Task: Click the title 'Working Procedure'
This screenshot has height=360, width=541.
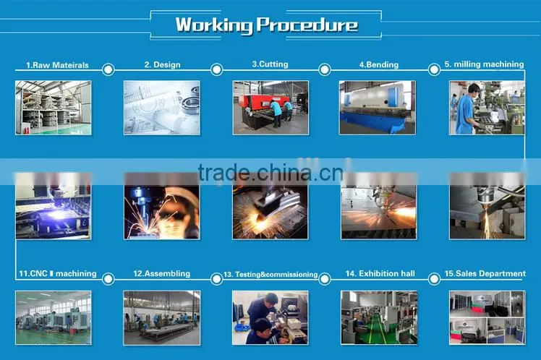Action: click(x=266, y=25)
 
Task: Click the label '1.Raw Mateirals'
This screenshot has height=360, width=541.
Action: click(x=57, y=65)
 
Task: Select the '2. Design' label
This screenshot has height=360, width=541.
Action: click(x=162, y=64)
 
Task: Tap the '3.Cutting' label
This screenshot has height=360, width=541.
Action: click(x=270, y=64)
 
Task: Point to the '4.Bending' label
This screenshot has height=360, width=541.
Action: click(x=379, y=64)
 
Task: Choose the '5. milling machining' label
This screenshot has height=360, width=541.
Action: click(x=484, y=64)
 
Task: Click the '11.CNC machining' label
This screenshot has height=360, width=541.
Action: click(x=58, y=273)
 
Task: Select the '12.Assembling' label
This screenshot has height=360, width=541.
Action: click(x=161, y=273)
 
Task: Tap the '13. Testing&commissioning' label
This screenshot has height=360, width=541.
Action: click(x=270, y=275)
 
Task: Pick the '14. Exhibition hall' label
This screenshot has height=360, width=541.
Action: click(x=380, y=273)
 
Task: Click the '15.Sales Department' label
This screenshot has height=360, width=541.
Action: click(x=485, y=273)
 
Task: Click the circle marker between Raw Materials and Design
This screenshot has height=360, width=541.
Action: click(x=108, y=69)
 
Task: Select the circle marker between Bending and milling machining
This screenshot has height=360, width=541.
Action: click(x=434, y=69)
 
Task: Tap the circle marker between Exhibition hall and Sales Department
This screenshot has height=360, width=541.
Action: click(x=434, y=278)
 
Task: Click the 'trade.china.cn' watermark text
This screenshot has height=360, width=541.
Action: click(x=270, y=173)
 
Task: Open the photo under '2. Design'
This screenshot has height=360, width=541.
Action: click(x=162, y=108)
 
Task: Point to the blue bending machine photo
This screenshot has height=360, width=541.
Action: click(x=378, y=108)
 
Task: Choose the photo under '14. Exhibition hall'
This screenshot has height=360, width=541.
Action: click(x=379, y=317)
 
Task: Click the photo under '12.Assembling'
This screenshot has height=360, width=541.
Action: click(x=162, y=317)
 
